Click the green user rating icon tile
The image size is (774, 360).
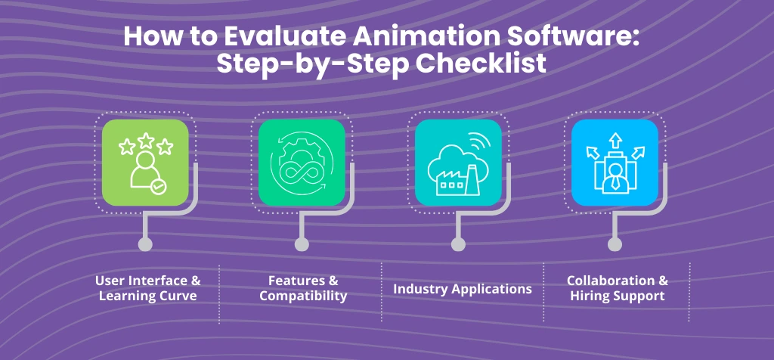[145, 163]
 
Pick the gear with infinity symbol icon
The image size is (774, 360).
[302, 163]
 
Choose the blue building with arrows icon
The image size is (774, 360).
[615, 163]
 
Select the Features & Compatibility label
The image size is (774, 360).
[303, 288]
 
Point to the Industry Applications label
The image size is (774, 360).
[463, 289]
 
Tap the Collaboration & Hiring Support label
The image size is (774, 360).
[618, 288]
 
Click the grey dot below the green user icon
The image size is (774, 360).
[145, 244]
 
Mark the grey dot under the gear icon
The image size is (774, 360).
[302, 244]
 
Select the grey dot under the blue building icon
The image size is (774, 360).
[615, 244]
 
